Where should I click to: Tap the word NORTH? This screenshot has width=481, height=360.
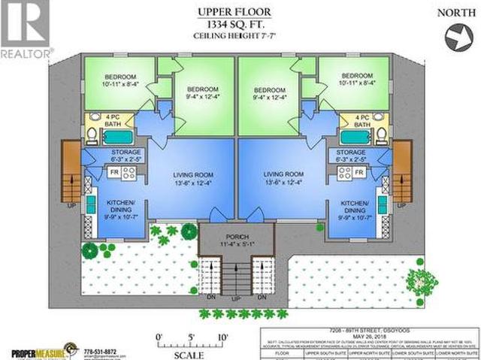(x=451, y=14)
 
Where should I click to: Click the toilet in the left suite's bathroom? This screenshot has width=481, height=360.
(x=89, y=136)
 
